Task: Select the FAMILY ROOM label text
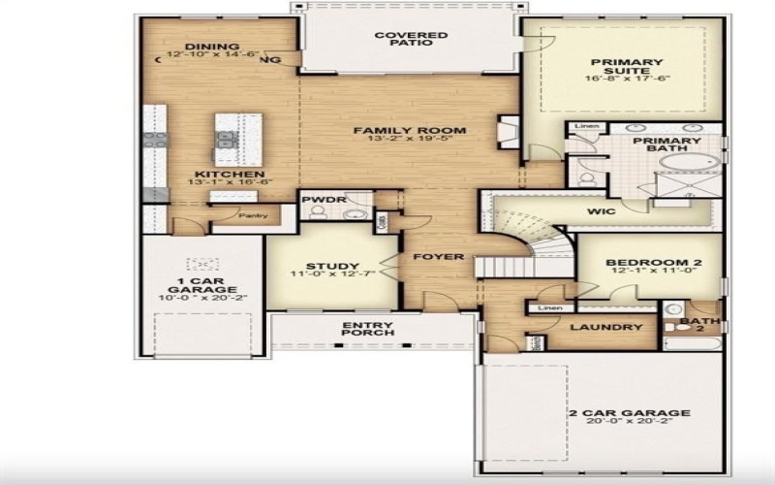(x=409, y=129)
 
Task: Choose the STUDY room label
(x=332, y=266)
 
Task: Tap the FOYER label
(x=433, y=257)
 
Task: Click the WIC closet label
(x=601, y=210)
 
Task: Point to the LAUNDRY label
(x=606, y=327)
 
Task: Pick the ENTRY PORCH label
(x=368, y=327)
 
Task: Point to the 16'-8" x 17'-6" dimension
(x=627, y=79)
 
